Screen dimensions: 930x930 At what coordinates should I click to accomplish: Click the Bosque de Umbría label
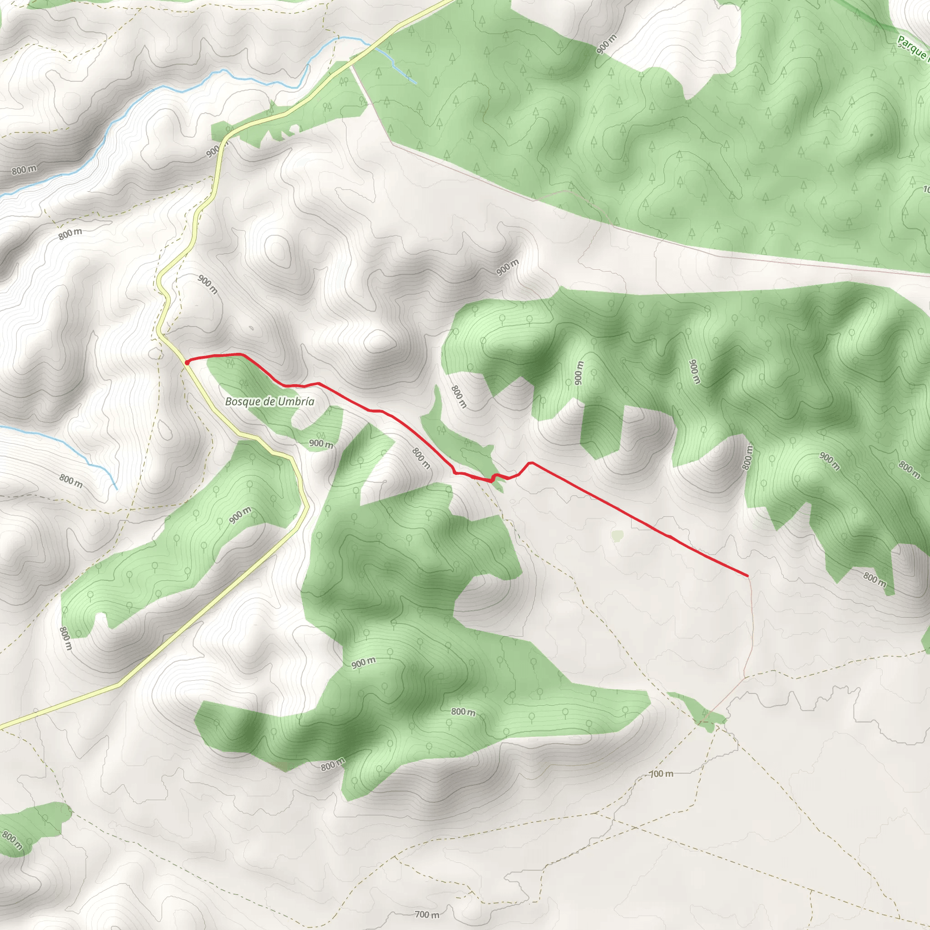270,402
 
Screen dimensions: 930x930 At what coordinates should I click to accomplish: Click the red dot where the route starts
187,361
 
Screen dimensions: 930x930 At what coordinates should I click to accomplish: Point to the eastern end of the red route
747,575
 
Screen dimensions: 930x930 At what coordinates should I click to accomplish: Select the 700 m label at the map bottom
427,915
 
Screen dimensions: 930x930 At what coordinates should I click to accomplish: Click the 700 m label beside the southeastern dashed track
661,774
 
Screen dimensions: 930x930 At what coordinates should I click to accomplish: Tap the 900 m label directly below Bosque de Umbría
321,443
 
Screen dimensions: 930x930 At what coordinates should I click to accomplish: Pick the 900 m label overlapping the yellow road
215,151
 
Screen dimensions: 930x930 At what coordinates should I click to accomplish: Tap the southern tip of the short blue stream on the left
117,489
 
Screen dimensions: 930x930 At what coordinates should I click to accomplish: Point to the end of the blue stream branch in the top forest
416,83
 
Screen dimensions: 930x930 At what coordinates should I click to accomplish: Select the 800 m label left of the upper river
24,170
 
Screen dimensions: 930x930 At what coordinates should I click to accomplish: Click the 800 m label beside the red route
421,458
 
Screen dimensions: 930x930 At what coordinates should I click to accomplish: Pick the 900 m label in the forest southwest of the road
240,515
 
